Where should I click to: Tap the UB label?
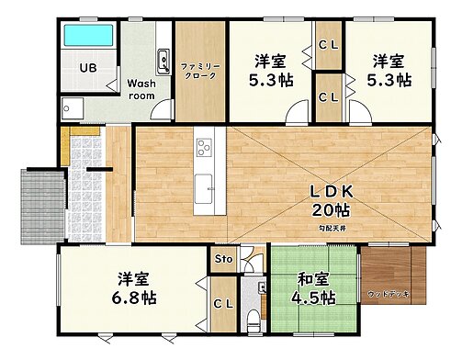tap(88, 68)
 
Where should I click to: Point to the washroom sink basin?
tap(163, 61)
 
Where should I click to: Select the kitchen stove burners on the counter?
tap(204, 147)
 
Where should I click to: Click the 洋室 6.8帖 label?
tap(132, 288)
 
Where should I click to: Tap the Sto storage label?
tap(222, 260)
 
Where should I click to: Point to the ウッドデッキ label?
tap(389, 294)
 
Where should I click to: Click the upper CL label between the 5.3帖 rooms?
tap(328, 43)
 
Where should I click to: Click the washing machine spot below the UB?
tap(73, 108)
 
